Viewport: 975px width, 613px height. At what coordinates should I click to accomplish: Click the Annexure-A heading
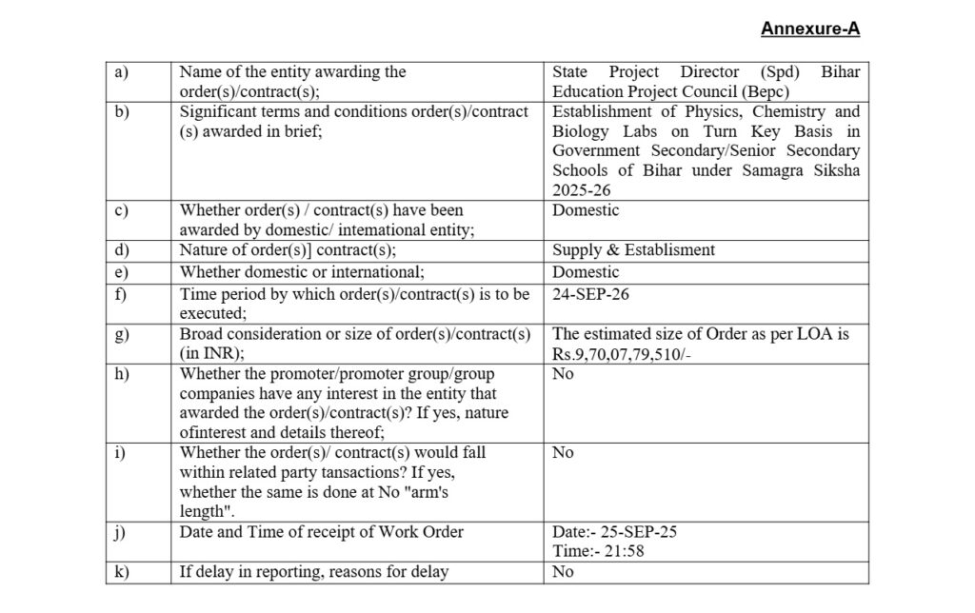point(809,29)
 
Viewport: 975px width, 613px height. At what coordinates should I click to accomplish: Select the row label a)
point(120,71)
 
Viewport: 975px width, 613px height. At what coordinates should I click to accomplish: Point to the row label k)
point(121,572)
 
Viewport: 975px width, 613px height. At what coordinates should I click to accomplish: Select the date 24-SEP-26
point(590,294)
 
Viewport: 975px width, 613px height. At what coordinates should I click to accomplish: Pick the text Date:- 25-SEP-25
point(614,532)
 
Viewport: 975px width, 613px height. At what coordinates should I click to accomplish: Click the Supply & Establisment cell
point(633,250)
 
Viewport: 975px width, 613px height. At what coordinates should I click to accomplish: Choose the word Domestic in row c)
point(586,210)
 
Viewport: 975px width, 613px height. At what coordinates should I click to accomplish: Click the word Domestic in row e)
point(586,272)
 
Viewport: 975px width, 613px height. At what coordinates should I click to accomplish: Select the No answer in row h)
point(563,374)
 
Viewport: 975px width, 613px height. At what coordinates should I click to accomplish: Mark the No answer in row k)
point(563,572)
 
